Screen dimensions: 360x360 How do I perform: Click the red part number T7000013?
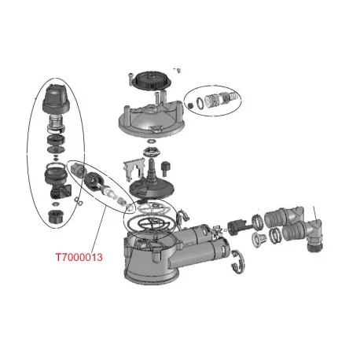[79, 257]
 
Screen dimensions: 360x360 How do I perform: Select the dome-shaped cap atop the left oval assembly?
[56, 98]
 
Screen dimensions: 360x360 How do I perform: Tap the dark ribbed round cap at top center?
[152, 79]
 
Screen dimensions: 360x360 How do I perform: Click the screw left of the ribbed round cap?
[130, 79]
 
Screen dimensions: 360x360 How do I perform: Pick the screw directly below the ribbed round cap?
[157, 97]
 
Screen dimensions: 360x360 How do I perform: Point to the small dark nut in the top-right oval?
[191, 105]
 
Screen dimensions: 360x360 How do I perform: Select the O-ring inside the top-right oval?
[200, 102]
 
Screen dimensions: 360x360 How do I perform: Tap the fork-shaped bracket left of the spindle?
[134, 170]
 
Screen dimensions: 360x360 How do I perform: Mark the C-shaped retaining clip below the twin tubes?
[238, 263]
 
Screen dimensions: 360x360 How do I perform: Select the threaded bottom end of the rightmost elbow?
[315, 244]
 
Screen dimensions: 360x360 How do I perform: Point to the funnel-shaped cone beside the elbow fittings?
[259, 238]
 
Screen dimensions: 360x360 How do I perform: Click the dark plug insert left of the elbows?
[237, 227]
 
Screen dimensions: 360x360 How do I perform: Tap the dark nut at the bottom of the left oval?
[56, 216]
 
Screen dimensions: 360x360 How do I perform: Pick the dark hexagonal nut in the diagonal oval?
[92, 179]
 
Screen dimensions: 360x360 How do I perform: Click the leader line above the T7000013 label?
[99, 227]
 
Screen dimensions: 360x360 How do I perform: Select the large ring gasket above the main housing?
[149, 223]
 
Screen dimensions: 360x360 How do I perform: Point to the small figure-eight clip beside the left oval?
[79, 200]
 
